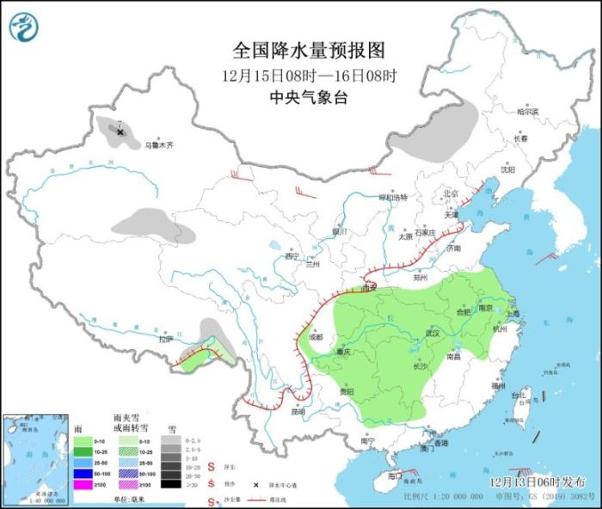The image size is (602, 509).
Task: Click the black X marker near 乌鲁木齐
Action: (x=120, y=132)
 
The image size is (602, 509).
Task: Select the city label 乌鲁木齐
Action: (x=158, y=146)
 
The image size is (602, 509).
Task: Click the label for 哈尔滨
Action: (x=526, y=112)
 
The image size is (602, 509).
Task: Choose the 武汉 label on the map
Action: (x=433, y=333)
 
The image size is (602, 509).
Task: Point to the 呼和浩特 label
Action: (x=393, y=198)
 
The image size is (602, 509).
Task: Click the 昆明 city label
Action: (x=298, y=411)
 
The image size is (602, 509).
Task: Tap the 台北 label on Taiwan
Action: (x=518, y=396)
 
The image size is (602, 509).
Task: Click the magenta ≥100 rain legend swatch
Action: (x=82, y=485)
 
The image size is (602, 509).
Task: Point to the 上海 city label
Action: (x=513, y=315)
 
